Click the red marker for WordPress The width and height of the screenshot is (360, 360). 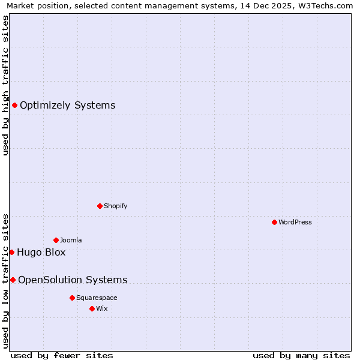click(x=274, y=222)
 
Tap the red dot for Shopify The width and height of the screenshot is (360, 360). click(x=100, y=206)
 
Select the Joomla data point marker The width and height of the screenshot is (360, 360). click(x=56, y=240)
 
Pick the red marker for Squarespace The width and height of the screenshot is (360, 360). click(x=72, y=298)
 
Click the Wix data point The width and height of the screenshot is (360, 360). click(x=92, y=308)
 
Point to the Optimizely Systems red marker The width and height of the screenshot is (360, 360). click(x=14, y=106)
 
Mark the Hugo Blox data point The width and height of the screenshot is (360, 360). click(x=11, y=252)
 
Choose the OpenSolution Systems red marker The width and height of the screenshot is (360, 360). click(x=13, y=280)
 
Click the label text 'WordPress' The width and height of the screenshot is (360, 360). click(x=295, y=222)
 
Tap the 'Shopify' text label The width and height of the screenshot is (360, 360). click(x=116, y=206)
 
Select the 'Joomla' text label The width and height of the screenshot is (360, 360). click(x=71, y=240)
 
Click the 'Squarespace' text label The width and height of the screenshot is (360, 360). click(x=97, y=298)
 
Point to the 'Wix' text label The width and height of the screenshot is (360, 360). click(x=101, y=308)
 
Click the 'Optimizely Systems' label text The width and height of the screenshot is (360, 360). click(x=67, y=106)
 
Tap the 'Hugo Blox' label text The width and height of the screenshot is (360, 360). click(x=41, y=252)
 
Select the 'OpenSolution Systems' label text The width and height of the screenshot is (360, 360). click(x=73, y=280)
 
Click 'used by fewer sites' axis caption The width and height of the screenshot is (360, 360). click(x=62, y=355)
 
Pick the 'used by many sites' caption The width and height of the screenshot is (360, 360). click(x=301, y=355)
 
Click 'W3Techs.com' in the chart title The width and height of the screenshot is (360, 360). click(x=328, y=6)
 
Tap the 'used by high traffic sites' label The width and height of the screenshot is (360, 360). click(x=6, y=85)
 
